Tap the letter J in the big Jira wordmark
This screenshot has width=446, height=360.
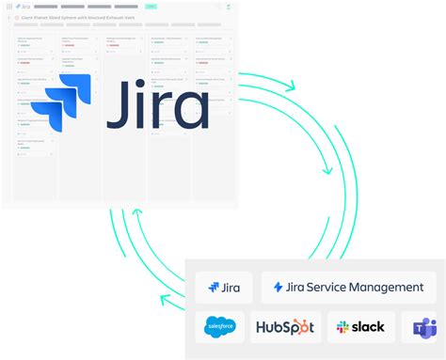pyautogui.click(x=119, y=106)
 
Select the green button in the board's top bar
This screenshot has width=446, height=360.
pyautogui.click(x=151, y=7)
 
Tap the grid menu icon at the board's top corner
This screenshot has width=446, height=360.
pyautogui.click(x=7, y=7)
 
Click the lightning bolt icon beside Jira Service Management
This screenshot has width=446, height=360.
pyautogui.click(x=278, y=287)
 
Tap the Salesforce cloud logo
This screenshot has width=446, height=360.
pyautogui.click(x=220, y=327)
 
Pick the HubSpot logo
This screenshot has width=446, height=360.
pyautogui.click(x=285, y=327)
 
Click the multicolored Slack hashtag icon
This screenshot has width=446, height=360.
pyautogui.click(x=342, y=327)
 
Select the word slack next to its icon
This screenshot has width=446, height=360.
pyautogui.click(x=368, y=327)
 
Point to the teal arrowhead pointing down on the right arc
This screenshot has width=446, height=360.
pyautogui.click(x=327, y=169)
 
